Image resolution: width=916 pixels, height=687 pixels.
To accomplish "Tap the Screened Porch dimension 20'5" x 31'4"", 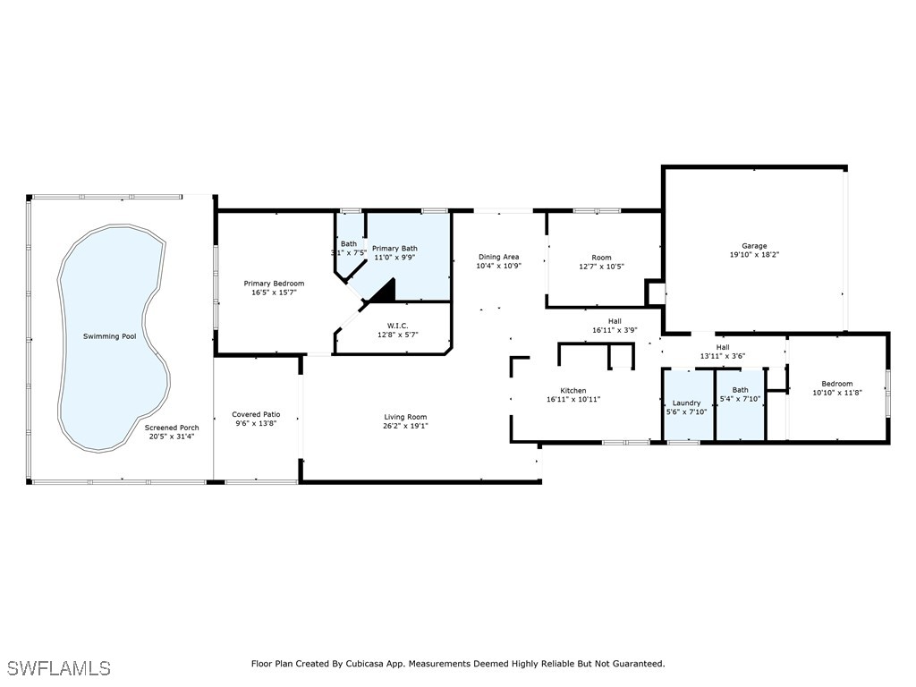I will click(172, 437).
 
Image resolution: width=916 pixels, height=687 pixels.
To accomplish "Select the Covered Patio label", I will click(256, 414).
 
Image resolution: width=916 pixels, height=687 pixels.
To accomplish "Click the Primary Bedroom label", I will click(274, 284).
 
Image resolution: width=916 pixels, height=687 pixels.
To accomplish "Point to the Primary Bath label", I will click(394, 249).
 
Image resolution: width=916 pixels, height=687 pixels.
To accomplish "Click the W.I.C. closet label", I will click(398, 325).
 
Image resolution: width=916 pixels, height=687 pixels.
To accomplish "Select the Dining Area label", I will click(498, 257).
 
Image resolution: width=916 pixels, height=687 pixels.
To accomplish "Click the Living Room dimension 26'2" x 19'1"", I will click(405, 426).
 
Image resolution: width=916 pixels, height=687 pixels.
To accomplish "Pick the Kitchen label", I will click(573, 391).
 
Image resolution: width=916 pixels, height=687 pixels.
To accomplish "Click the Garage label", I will click(754, 246).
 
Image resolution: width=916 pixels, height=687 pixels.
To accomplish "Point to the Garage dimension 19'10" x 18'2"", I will click(754, 255).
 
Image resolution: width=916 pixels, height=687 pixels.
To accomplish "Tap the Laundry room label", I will click(687, 403).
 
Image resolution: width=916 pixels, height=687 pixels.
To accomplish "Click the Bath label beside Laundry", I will click(740, 390).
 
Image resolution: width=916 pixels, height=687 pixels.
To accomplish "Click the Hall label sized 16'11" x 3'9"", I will click(615, 321).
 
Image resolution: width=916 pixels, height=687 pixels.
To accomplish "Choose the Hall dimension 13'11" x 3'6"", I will click(724, 356).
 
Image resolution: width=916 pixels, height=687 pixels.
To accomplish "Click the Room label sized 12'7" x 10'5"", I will click(602, 258).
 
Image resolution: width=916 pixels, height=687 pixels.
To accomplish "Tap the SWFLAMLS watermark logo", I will click(59, 668).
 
